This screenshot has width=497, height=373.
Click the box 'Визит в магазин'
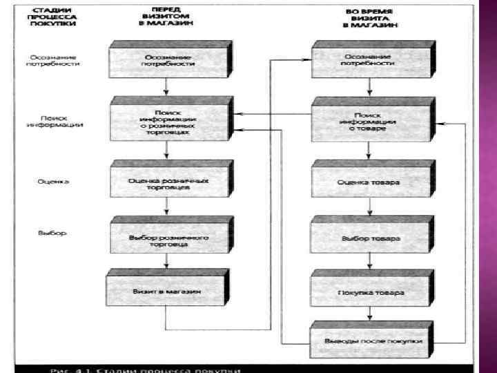tap(166, 291)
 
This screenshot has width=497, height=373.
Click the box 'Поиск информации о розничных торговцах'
tap(168, 122)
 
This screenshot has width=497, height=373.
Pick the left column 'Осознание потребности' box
tap(168, 59)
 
